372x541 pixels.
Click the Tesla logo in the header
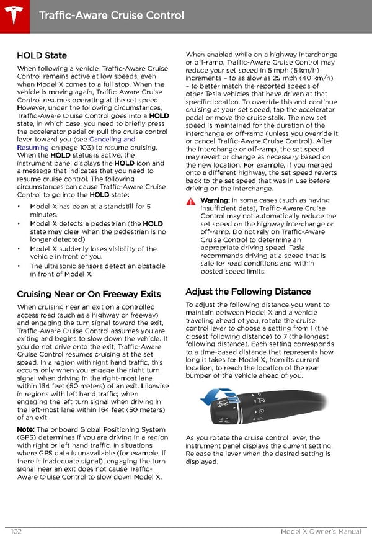tap(14, 14)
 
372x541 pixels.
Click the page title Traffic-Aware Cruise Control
tap(111, 15)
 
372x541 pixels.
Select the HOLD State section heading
tap(42, 56)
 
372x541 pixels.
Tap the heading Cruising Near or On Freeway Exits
tap(89, 294)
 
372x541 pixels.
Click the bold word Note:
tap(25, 429)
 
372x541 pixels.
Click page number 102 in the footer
tap(17, 532)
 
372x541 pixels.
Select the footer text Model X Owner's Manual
tap(320, 532)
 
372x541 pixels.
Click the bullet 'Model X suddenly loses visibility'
tap(93, 253)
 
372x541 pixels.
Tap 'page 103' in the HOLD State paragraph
tap(63, 148)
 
